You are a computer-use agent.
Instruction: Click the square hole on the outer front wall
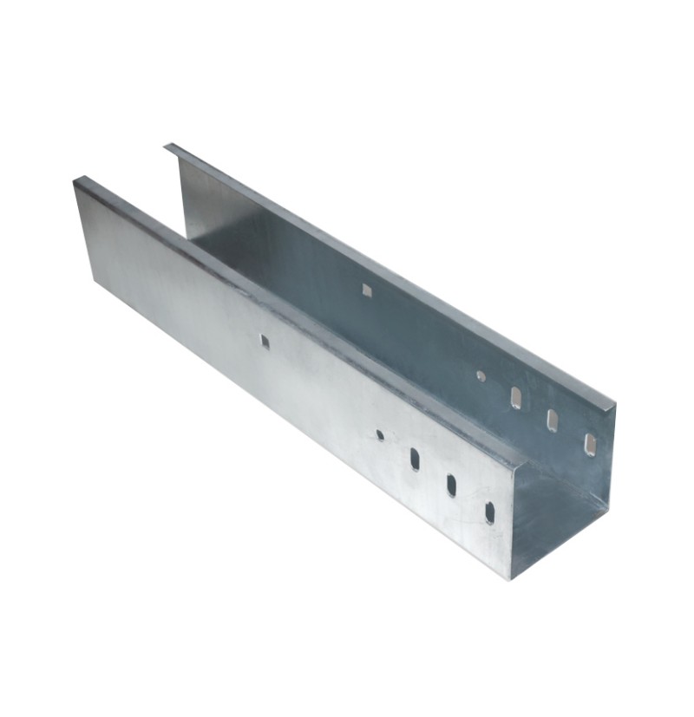coord(265,342)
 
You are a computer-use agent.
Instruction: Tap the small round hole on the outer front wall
coord(380,434)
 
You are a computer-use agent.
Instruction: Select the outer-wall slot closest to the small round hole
coord(415,459)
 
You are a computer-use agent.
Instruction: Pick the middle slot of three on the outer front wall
coord(452,485)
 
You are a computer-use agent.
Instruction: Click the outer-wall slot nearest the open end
coord(490,512)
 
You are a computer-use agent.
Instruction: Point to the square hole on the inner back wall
coord(367,290)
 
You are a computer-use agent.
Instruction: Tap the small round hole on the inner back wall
coord(481,375)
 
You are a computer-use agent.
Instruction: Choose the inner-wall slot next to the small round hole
coord(516,398)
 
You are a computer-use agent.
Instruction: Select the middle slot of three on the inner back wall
coord(553,420)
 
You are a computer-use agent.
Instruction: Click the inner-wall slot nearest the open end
coord(590,445)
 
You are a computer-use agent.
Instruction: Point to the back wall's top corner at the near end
coord(614,404)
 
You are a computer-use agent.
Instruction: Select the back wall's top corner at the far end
coord(167,147)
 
